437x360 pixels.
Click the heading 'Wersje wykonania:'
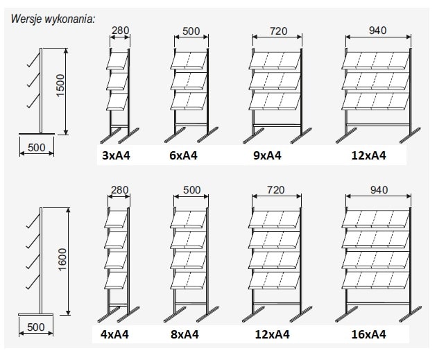(x=53, y=19)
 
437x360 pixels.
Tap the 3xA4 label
(x=116, y=155)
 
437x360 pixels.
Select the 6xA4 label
(x=183, y=155)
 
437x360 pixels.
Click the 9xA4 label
(x=267, y=155)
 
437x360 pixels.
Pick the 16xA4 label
(x=369, y=334)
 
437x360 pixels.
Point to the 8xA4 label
(x=185, y=334)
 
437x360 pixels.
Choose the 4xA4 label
(x=114, y=334)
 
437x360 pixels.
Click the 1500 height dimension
(x=60, y=85)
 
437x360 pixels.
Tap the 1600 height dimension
(x=62, y=259)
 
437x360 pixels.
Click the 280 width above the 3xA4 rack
(x=121, y=30)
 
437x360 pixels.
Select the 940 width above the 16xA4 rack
(x=379, y=190)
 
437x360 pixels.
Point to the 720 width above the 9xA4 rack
(x=278, y=31)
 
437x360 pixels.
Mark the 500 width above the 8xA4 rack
(x=191, y=190)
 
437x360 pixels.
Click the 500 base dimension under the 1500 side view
(x=37, y=148)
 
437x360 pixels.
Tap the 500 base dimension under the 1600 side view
(x=36, y=327)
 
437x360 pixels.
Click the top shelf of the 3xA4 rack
(x=117, y=60)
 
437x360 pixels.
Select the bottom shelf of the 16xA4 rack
(x=376, y=280)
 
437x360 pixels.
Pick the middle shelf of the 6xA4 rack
(x=189, y=81)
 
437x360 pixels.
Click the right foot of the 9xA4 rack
(x=301, y=136)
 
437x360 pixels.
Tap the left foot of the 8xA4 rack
(x=174, y=315)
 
